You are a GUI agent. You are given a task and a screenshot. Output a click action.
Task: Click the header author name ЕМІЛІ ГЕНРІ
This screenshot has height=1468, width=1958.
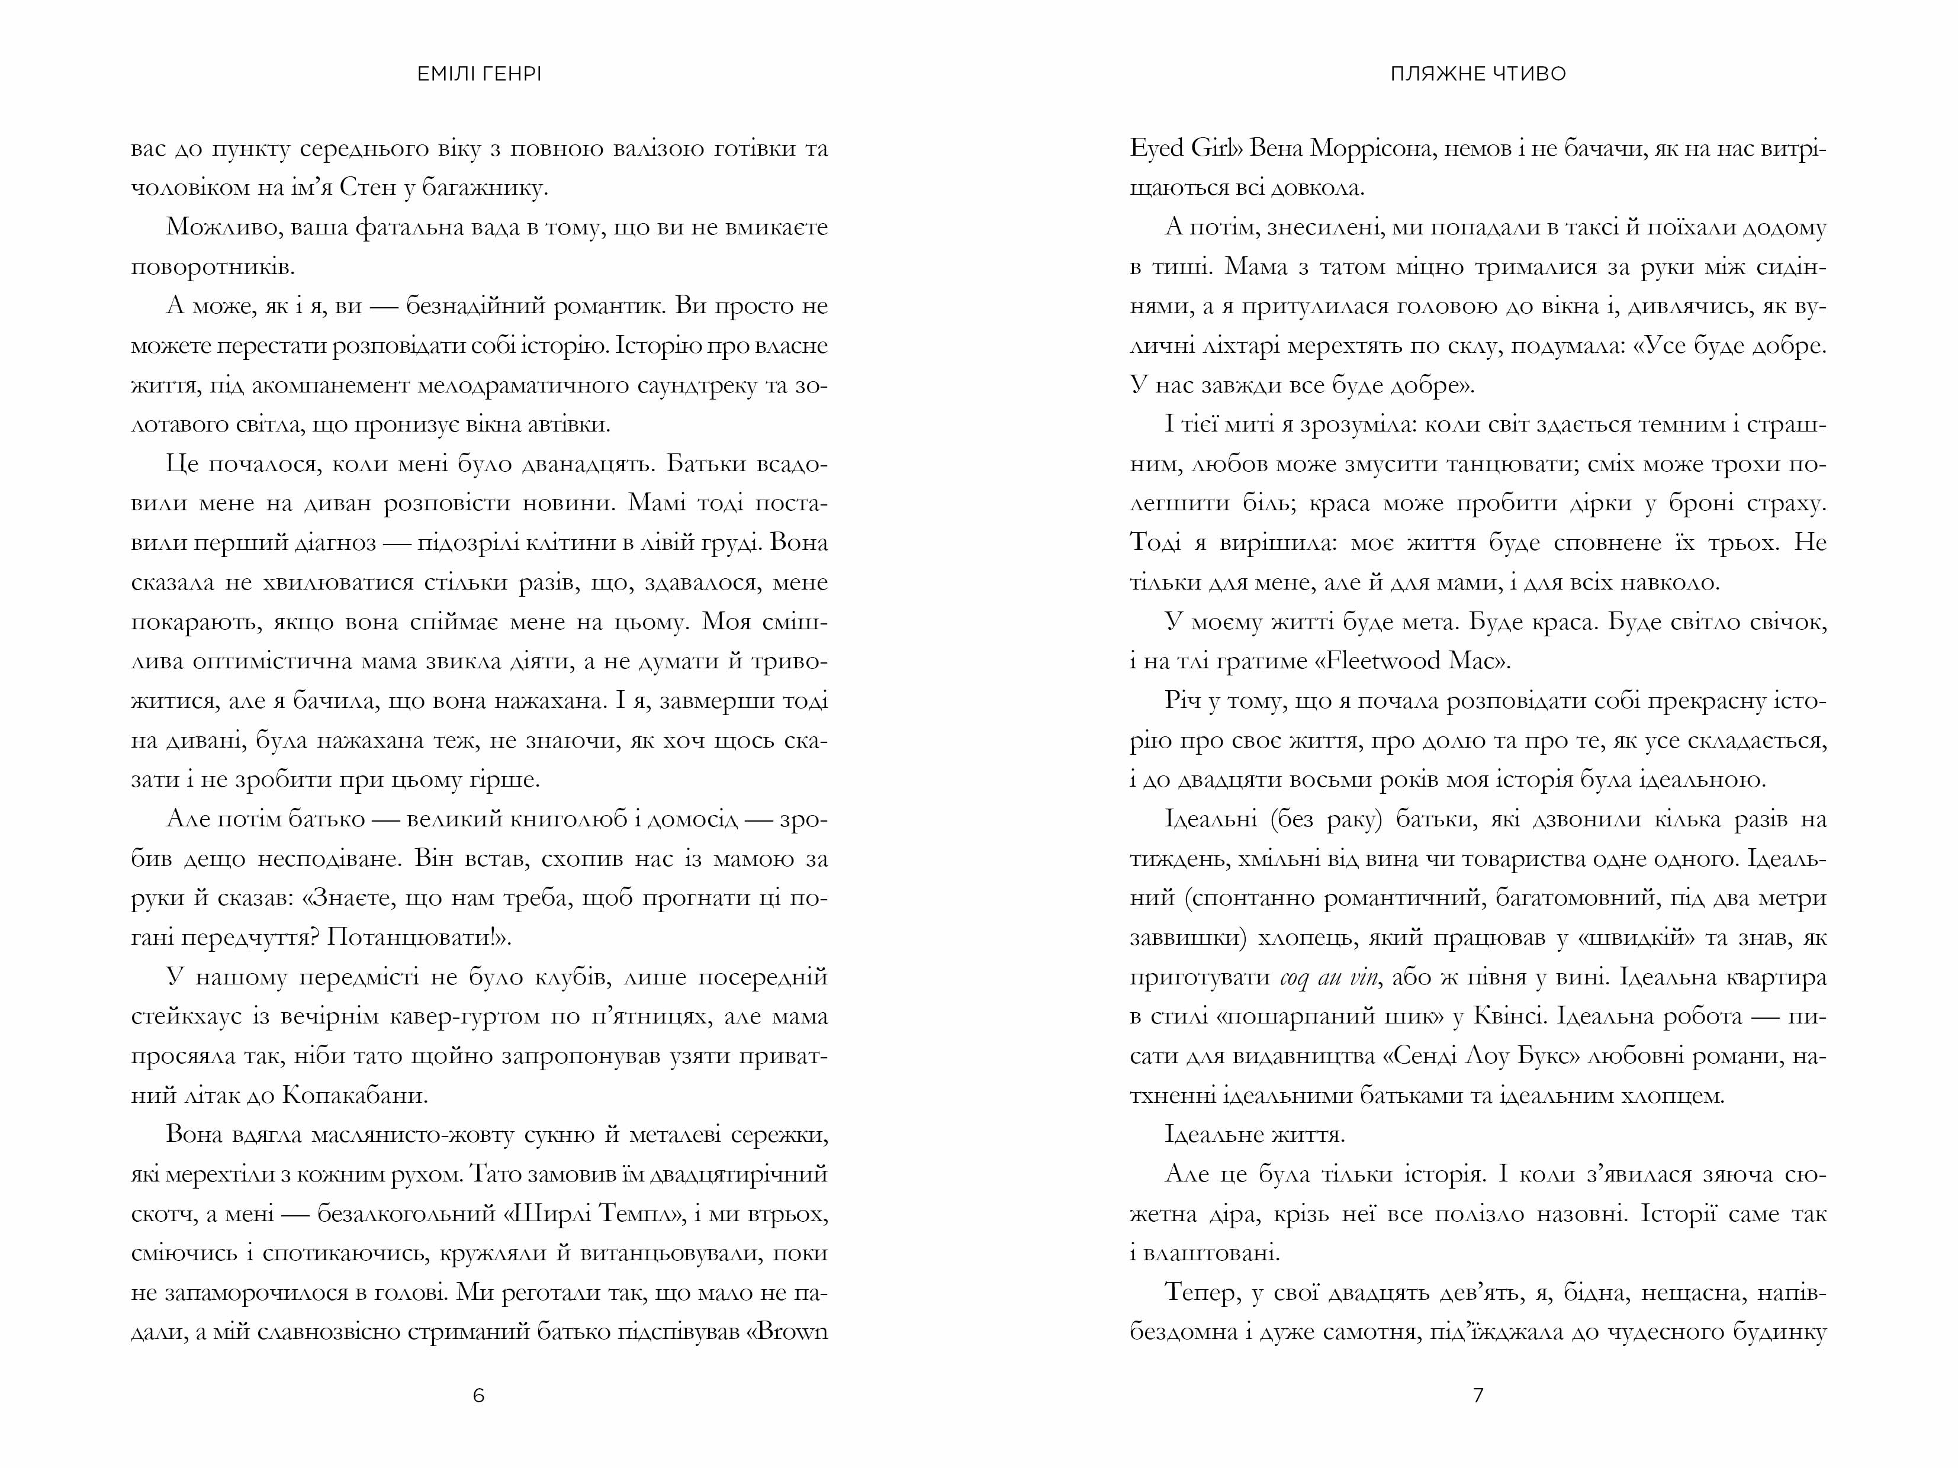[479, 75]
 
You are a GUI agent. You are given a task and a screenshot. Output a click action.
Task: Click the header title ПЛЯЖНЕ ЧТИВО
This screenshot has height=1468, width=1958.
[1477, 75]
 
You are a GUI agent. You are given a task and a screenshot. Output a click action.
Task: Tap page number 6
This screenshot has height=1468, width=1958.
[479, 1395]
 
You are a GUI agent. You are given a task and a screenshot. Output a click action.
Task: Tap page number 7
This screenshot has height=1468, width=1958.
[1477, 1395]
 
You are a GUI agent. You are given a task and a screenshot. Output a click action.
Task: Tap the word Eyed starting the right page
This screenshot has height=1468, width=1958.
[1156, 149]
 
